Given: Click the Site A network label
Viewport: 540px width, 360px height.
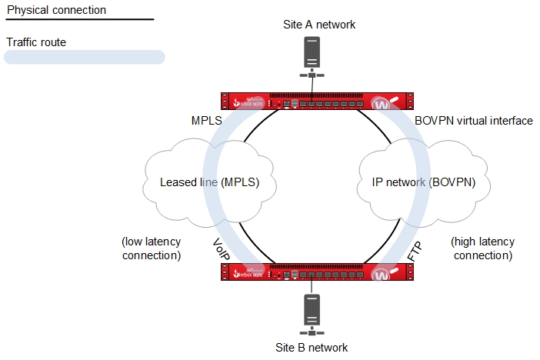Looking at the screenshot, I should coord(319,25).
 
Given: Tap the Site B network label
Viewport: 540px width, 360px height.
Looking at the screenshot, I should coord(312,347).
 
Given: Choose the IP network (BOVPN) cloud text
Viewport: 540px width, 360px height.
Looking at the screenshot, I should coord(423,182).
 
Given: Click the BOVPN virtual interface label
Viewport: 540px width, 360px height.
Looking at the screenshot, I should coord(473,121).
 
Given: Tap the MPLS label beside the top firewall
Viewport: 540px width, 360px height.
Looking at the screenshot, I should coord(206,121).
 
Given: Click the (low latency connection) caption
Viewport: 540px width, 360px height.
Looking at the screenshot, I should coord(151,248).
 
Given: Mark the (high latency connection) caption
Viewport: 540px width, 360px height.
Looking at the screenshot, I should coord(482,248).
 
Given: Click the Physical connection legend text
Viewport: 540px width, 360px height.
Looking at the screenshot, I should coord(56,10).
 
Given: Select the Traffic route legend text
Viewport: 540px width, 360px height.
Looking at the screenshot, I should coord(36,42).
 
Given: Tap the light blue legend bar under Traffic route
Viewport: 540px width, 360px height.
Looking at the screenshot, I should coord(85,57).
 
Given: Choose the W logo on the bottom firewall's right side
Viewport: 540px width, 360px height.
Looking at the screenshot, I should coord(385,275).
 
